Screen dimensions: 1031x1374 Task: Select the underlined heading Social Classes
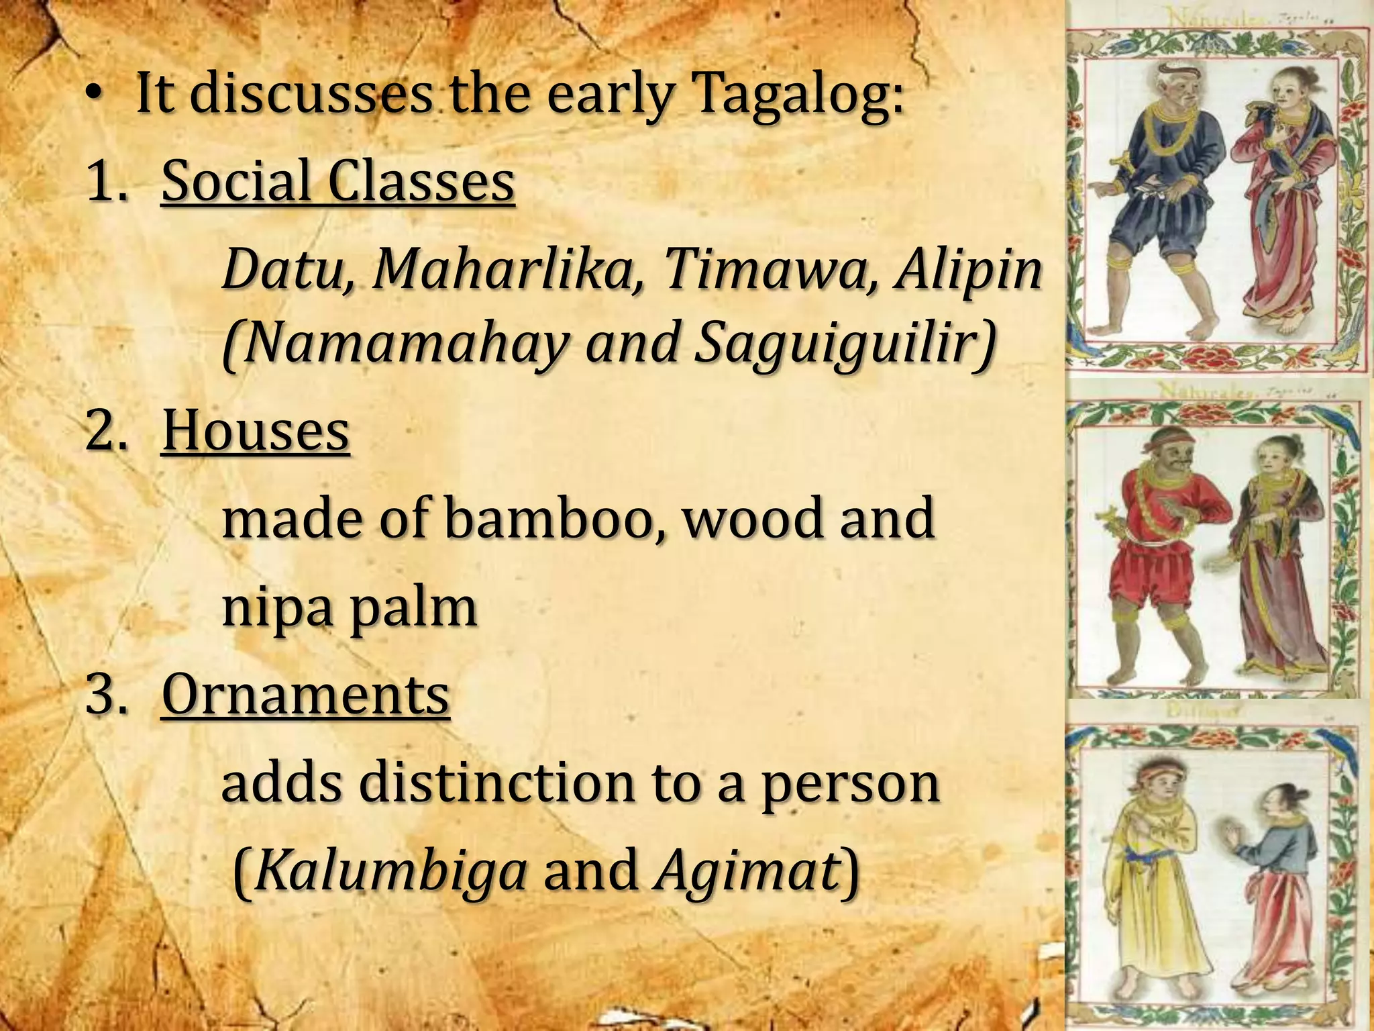[337, 183]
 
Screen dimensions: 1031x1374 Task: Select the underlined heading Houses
[255, 431]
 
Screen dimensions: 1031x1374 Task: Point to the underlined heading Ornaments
[305, 695]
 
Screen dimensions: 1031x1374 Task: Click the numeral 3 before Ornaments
[104, 695]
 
